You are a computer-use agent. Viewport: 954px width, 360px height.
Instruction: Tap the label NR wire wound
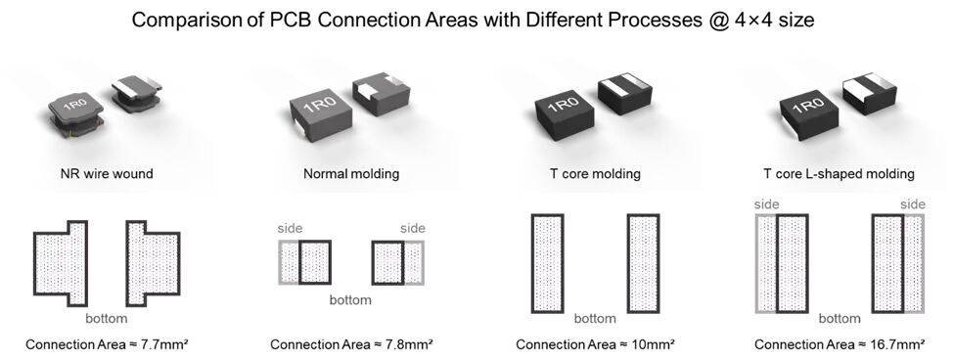click(107, 174)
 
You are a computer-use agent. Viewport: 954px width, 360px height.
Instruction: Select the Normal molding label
click(351, 174)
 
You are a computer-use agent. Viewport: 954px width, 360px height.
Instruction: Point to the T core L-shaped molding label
click(839, 174)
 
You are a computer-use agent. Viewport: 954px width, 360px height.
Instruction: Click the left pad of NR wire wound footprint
click(61, 263)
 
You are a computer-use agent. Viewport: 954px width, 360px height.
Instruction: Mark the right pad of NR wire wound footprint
click(153, 263)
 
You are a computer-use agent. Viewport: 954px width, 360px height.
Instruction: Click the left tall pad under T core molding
click(548, 263)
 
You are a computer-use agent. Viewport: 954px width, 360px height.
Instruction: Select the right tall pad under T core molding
click(643, 263)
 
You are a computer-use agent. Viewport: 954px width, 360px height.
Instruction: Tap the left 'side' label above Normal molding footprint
click(291, 229)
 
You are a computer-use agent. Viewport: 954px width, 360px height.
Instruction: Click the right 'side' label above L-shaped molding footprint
click(913, 204)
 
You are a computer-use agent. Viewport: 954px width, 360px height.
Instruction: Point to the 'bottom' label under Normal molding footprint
click(350, 299)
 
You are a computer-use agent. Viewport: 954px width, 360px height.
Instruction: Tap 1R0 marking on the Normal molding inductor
click(320, 105)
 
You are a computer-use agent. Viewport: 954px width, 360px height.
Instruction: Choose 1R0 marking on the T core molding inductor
click(564, 105)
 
